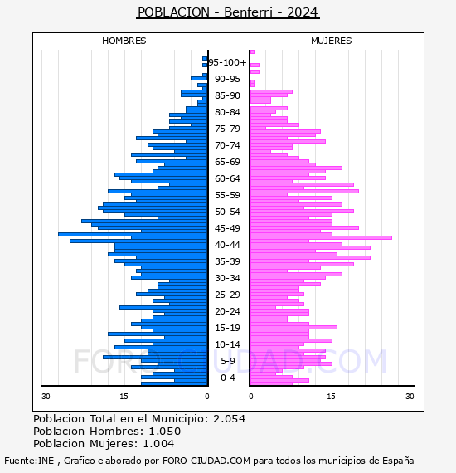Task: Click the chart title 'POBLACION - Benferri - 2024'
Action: tap(227, 12)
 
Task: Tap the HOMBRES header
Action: tap(124, 41)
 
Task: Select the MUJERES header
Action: tap(332, 41)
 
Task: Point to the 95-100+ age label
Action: tap(227, 62)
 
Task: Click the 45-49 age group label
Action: tap(227, 228)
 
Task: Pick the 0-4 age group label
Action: tap(228, 378)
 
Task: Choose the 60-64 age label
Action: tap(227, 178)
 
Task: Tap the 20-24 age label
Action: tap(227, 311)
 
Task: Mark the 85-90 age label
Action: tap(227, 95)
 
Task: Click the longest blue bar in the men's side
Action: tap(133, 234)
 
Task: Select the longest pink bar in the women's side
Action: tap(322, 237)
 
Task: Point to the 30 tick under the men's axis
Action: tap(46, 397)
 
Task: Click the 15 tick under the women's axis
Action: tap(332, 397)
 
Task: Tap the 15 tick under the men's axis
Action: tap(124, 397)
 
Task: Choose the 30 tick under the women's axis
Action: tap(410, 397)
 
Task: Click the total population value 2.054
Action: tap(230, 419)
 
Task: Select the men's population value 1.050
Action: tap(165, 432)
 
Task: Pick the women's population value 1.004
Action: tap(158, 444)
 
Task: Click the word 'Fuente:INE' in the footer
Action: tap(29, 461)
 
